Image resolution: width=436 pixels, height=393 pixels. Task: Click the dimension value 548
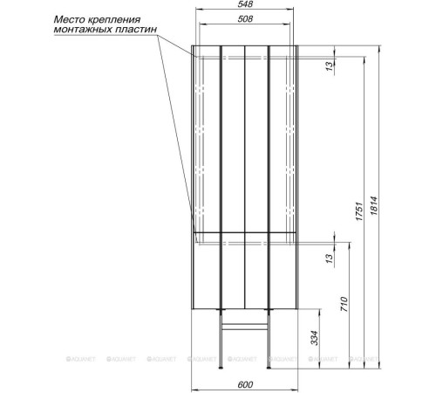coord(245,4)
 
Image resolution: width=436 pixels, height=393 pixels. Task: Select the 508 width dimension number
coord(245,19)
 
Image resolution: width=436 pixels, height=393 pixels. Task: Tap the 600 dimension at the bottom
coord(245,385)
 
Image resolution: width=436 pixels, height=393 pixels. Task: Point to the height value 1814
coord(374,206)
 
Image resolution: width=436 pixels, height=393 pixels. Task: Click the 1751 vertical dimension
coord(359,210)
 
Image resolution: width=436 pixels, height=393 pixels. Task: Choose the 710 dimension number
coord(344,304)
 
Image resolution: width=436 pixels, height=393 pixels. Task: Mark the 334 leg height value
coord(315,338)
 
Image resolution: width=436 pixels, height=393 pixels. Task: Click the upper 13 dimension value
coord(329,66)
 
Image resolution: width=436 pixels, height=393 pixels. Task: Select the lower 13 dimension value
coord(329,259)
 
